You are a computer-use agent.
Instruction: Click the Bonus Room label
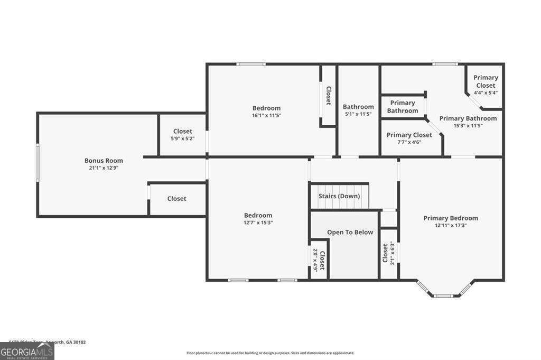pos(104,161)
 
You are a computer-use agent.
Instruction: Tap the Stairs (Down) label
pos(339,196)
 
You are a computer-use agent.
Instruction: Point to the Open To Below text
pos(350,232)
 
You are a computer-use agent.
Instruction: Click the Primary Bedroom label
pos(451,218)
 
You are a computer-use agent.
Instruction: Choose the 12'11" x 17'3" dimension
pos(451,225)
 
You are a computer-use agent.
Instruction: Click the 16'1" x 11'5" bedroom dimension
pos(266,115)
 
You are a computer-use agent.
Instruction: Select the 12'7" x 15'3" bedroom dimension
pos(258,223)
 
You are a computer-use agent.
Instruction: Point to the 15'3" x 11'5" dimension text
pos(468,126)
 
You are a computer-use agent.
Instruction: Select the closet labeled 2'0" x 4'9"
pos(319,260)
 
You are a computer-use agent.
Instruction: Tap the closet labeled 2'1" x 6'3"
pos(388,253)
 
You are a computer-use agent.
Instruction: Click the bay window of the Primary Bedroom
pos(443,293)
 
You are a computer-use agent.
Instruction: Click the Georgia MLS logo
pos(27,351)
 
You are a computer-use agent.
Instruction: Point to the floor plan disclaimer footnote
pos(270,353)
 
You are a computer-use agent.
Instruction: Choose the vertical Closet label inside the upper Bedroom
pos(328,96)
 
